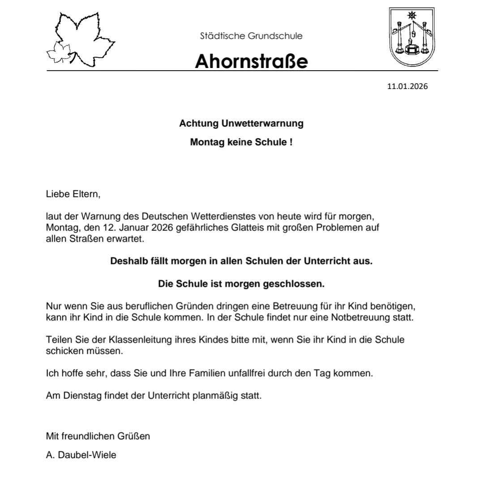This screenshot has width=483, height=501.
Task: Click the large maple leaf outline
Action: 83,38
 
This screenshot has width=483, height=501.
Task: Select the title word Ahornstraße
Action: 251,62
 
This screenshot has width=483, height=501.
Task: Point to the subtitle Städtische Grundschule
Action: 251,36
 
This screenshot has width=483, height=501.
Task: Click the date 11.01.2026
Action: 407,86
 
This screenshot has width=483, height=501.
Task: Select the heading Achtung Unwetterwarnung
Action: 241,123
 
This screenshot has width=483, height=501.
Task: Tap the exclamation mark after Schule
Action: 291,143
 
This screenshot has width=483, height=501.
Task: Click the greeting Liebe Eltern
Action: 71,195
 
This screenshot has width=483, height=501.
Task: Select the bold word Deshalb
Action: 127,261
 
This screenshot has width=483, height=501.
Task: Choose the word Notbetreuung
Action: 345,318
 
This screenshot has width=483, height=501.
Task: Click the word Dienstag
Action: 77,395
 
